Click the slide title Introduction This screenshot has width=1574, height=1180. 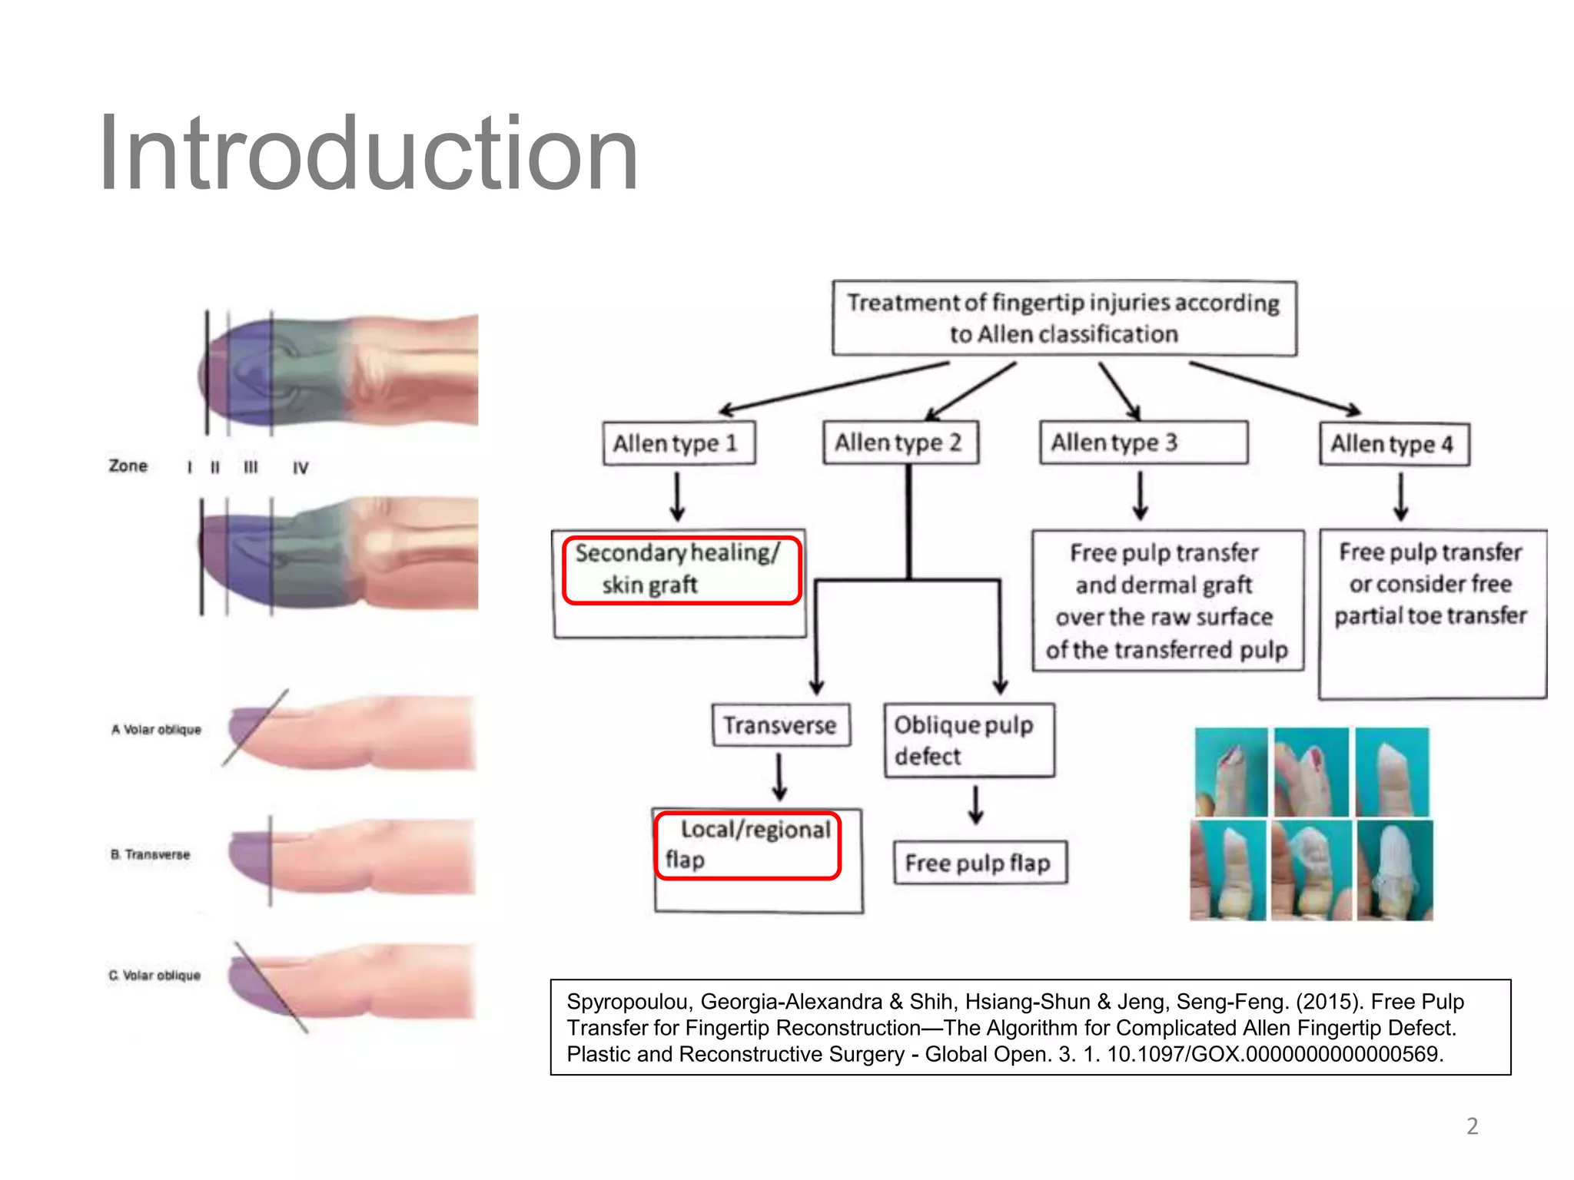tap(368, 154)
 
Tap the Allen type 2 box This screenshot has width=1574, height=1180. tap(900, 442)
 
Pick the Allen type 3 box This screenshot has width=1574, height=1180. tap(1143, 442)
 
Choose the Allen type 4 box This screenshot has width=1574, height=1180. tap(1394, 444)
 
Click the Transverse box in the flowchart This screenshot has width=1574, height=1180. tap(781, 725)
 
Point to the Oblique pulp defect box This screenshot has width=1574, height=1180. tap(968, 741)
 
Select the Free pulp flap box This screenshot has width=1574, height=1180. tap(980, 863)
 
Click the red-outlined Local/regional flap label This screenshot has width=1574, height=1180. tap(748, 845)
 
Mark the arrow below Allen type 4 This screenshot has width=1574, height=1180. tap(1400, 497)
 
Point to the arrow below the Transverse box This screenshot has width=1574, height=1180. tap(779, 777)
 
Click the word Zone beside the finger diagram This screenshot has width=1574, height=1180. tap(128, 466)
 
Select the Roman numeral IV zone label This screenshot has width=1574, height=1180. tap(301, 468)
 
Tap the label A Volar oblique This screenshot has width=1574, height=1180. tap(157, 729)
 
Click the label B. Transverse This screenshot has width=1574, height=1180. tap(151, 854)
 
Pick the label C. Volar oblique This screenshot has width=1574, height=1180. tap(154, 975)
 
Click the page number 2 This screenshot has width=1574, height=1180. tap(1472, 1126)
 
